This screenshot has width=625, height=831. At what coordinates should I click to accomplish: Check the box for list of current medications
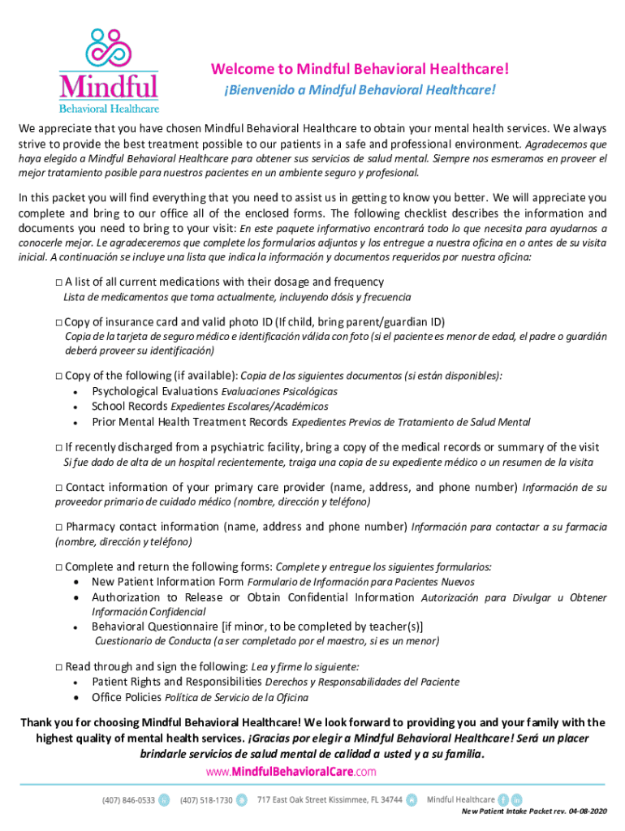58,282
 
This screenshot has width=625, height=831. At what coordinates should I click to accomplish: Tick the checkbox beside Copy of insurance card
58,322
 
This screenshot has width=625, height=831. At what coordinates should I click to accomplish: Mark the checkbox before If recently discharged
58,448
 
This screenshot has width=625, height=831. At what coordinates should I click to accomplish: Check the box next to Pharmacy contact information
58,527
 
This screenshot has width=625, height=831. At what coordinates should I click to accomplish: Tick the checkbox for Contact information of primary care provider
58,488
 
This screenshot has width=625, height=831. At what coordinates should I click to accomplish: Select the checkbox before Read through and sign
58,667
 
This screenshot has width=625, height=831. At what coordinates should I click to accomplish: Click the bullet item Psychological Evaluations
155,391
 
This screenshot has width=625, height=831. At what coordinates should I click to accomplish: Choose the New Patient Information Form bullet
167,582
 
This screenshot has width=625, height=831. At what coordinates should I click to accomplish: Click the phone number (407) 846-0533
128,799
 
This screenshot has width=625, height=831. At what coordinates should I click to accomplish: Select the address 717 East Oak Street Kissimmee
330,799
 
